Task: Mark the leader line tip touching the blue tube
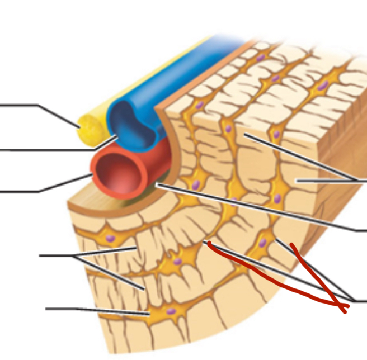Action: click(117, 136)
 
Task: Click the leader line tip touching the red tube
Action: click(92, 175)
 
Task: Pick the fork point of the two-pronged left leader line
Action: click(74, 256)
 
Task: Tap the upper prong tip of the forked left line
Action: click(137, 247)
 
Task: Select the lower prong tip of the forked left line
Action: click(144, 288)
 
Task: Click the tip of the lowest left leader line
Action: click(150, 314)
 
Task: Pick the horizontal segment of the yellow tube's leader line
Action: click(20, 105)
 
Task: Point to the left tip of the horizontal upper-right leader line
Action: click(297, 181)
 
